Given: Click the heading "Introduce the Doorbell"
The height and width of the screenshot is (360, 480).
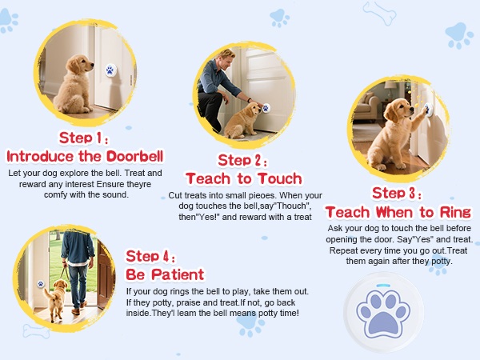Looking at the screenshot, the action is tap(85, 156).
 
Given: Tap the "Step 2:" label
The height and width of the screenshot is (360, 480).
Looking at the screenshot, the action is tap(242, 160).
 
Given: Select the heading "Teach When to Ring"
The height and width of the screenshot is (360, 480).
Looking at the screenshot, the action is tap(398, 212).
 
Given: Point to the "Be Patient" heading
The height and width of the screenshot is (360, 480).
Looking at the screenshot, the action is tap(165, 274).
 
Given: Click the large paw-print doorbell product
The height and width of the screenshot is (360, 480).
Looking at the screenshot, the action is tap(384, 313).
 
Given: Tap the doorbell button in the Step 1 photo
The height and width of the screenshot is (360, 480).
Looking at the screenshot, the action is tap(110, 70).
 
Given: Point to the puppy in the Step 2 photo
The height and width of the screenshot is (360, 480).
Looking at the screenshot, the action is tap(243, 120).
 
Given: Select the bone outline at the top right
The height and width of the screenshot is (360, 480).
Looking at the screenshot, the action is tap(379, 13).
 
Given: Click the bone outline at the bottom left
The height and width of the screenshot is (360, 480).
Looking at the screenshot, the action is tap(36, 331).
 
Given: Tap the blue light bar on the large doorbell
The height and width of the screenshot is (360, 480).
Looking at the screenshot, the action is tap(383, 286).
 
